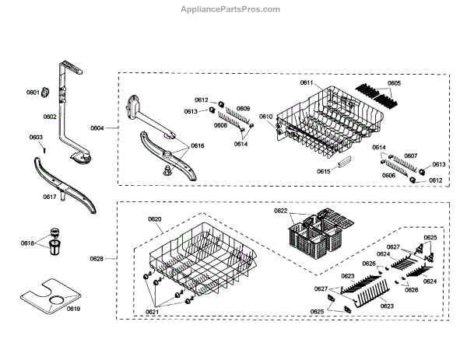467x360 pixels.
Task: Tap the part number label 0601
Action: (x=33, y=93)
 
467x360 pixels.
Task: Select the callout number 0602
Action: (x=50, y=117)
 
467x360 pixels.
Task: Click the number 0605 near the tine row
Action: (x=394, y=83)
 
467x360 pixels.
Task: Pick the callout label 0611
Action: (x=307, y=83)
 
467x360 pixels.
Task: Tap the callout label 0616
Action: (x=197, y=146)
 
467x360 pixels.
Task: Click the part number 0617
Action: (x=50, y=197)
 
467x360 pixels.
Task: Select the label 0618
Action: (x=28, y=243)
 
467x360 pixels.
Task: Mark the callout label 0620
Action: (x=156, y=219)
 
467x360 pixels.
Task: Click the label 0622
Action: (x=281, y=211)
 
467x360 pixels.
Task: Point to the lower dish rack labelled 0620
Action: (x=198, y=260)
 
